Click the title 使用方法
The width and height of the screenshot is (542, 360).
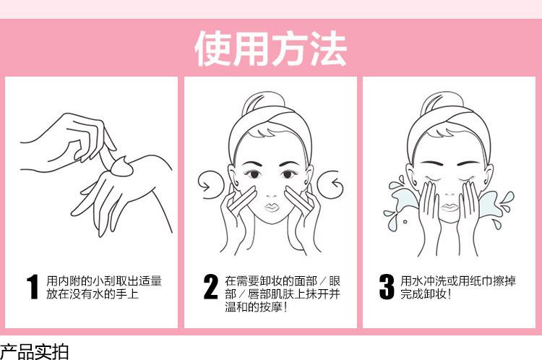point(271,48)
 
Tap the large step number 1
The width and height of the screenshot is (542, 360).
point(33,287)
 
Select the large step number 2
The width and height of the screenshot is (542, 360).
point(211,287)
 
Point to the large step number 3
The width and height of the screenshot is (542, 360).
point(387,287)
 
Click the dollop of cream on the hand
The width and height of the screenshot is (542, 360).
point(122,167)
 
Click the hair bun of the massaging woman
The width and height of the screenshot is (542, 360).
point(263,103)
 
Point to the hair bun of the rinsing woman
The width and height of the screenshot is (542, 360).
point(442,103)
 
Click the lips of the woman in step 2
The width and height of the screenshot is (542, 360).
point(272,207)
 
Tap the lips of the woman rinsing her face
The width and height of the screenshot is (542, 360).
point(449,207)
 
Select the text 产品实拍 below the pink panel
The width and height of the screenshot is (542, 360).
point(34,352)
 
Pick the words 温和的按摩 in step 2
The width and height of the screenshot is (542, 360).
point(254,307)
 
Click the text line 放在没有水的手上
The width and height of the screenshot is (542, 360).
point(93,294)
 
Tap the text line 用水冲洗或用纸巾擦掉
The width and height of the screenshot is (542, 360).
point(458,280)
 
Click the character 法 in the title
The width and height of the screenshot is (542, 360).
point(328,48)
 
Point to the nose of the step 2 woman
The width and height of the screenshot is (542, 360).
point(271,195)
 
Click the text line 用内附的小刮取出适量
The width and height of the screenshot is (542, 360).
point(104,280)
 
